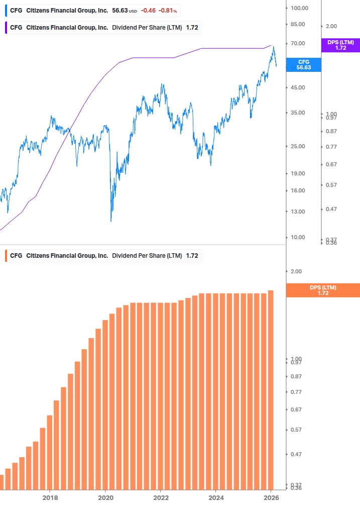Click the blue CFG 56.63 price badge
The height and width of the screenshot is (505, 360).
(303, 64)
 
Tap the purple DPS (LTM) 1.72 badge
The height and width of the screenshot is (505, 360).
(340, 45)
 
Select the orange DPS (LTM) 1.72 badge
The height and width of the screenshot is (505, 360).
(322, 290)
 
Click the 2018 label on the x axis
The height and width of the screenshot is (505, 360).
(50, 497)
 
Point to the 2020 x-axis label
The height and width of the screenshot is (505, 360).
(105, 497)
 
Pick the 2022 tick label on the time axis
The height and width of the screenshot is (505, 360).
(161, 497)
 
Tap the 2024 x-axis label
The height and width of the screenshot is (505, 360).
(216, 497)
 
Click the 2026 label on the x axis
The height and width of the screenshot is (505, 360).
(271, 497)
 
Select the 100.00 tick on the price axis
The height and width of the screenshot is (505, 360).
(299, 8)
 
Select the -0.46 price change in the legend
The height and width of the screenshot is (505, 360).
(148, 10)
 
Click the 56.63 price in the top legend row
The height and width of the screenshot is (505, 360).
(120, 10)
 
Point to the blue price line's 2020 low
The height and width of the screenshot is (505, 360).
(111, 220)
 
